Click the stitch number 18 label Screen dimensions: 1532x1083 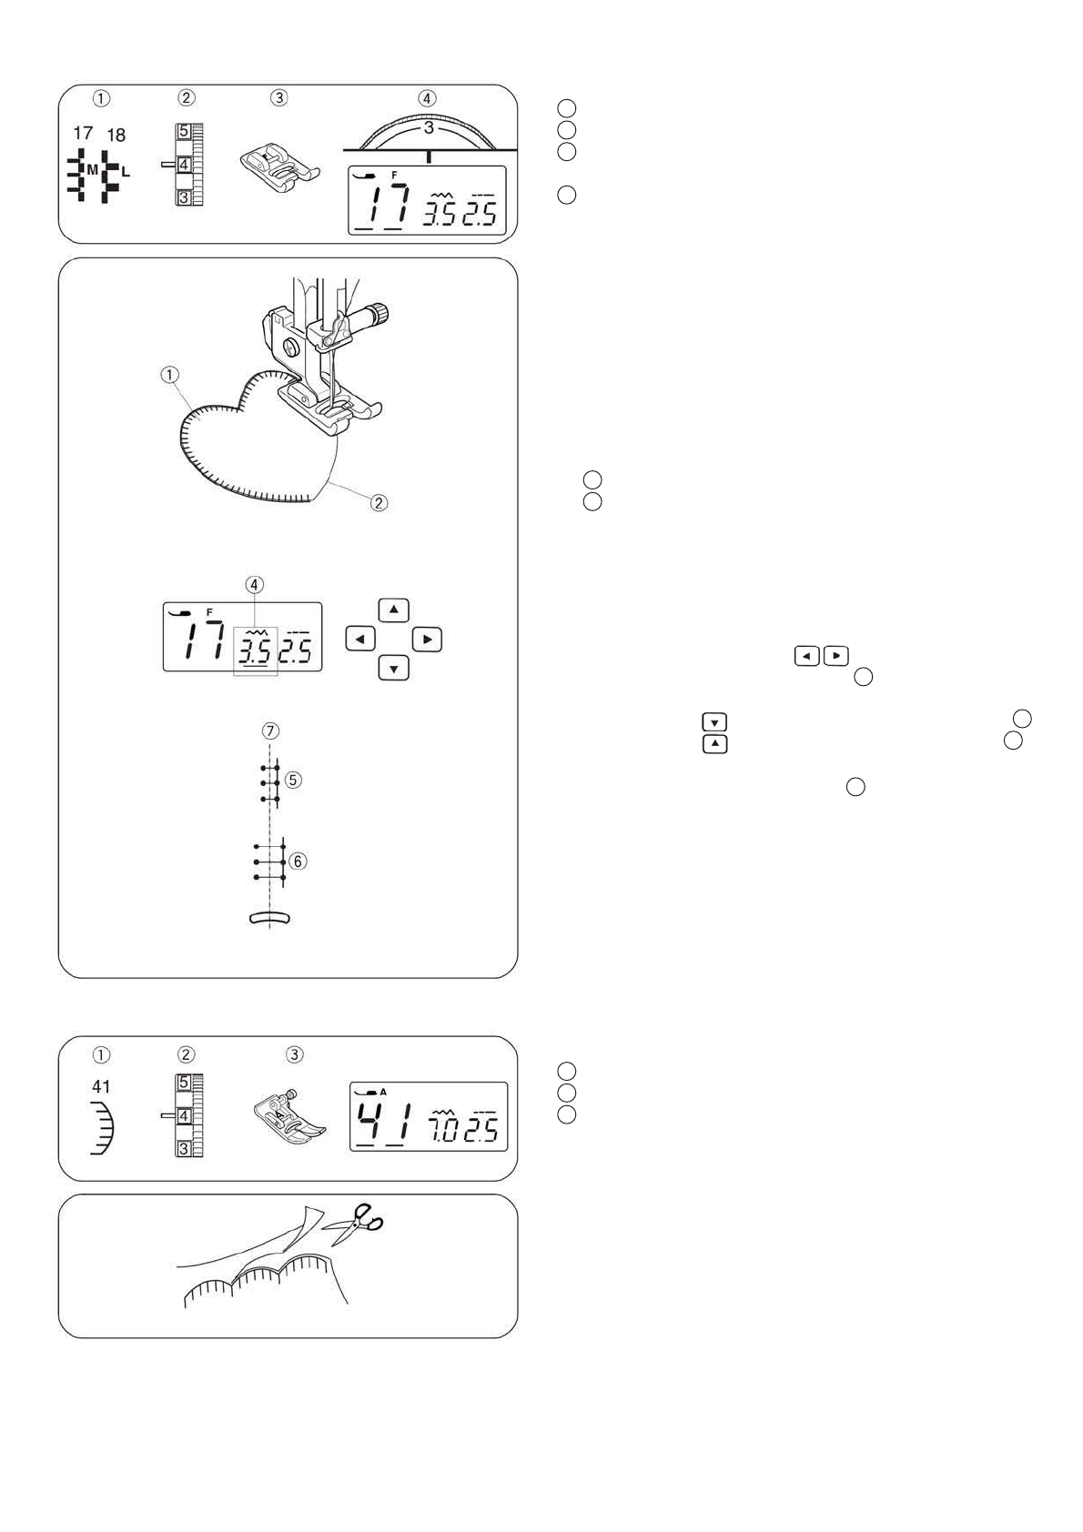[x=116, y=135]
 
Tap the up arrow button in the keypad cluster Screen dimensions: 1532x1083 [x=393, y=610]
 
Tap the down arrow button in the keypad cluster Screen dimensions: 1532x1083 [x=393, y=669]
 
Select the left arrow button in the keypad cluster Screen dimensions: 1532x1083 [x=360, y=640]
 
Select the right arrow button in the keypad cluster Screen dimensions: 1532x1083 [x=427, y=640]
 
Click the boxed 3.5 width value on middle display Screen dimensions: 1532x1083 [x=256, y=650]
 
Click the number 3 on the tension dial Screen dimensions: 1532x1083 [x=429, y=128]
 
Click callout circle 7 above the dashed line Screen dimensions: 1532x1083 [x=270, y=731]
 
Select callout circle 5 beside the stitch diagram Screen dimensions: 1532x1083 [x=293, y=780]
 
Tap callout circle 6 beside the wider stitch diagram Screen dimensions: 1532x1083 [x=298, y=861]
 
